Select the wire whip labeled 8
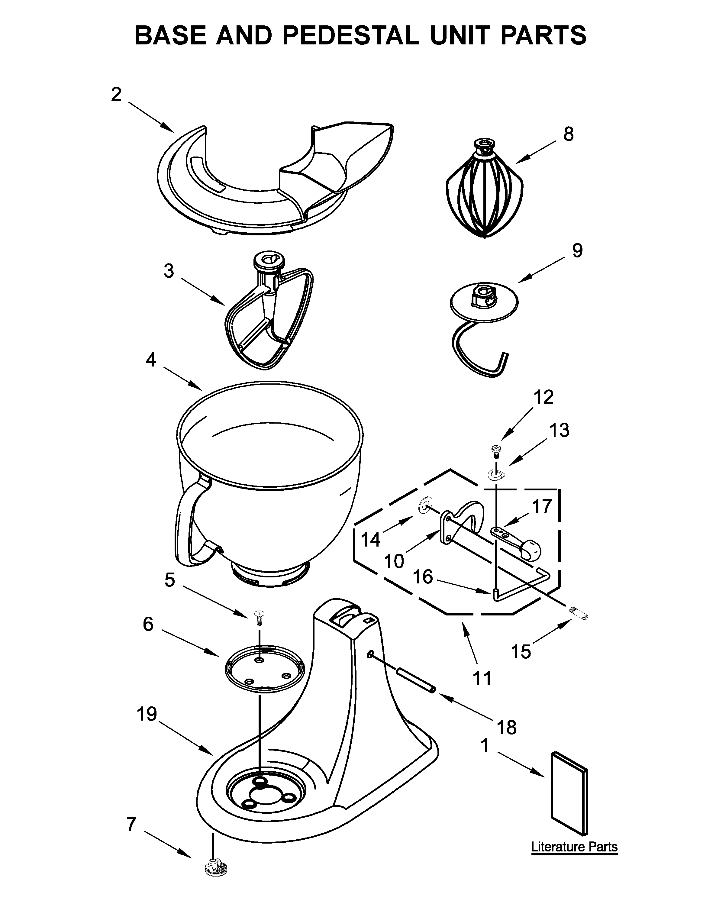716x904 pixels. (x=484, y=191)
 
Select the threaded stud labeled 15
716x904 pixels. (x=580, y=615)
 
